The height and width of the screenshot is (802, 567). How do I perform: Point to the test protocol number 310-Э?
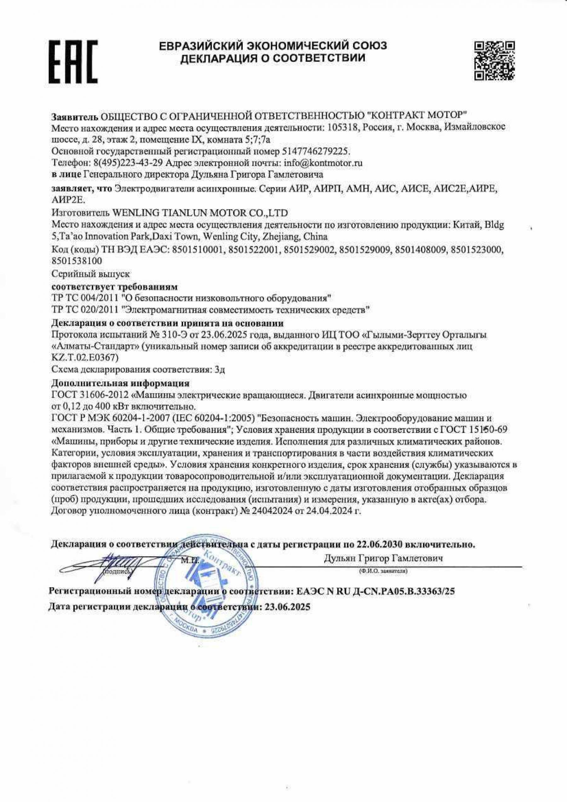pyautogui.click(x=173, y=335)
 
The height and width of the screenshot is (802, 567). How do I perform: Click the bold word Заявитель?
pyautogui.click(x=74, y=115)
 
